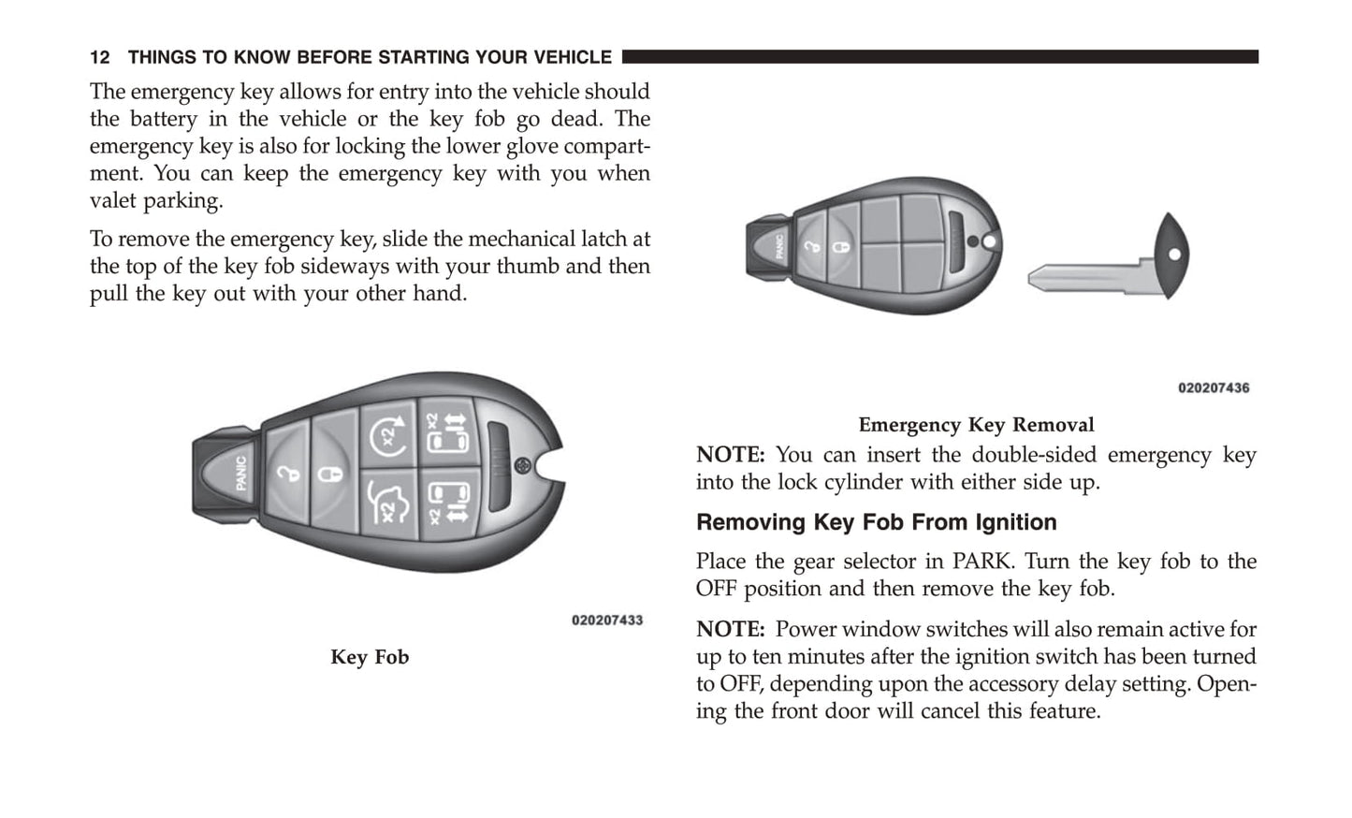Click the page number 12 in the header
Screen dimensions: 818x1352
[x=99, y=58]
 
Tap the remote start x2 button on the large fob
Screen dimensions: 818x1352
[x=389, y=434]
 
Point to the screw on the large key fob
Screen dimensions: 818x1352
[x=523, y=465]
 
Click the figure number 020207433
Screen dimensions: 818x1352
[x=607, y=621]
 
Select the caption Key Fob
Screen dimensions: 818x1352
[x=370, y=657]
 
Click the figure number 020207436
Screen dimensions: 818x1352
[x=1213, y=388]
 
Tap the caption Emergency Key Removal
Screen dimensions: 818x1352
[x=976, y=425]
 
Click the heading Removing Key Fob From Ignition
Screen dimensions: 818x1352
[x=876, y=522]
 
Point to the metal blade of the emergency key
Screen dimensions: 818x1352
[x=1084, y=277]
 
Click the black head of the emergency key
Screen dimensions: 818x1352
[x=1170, y=256]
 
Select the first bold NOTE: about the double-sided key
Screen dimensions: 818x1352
[x=730, y=455]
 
